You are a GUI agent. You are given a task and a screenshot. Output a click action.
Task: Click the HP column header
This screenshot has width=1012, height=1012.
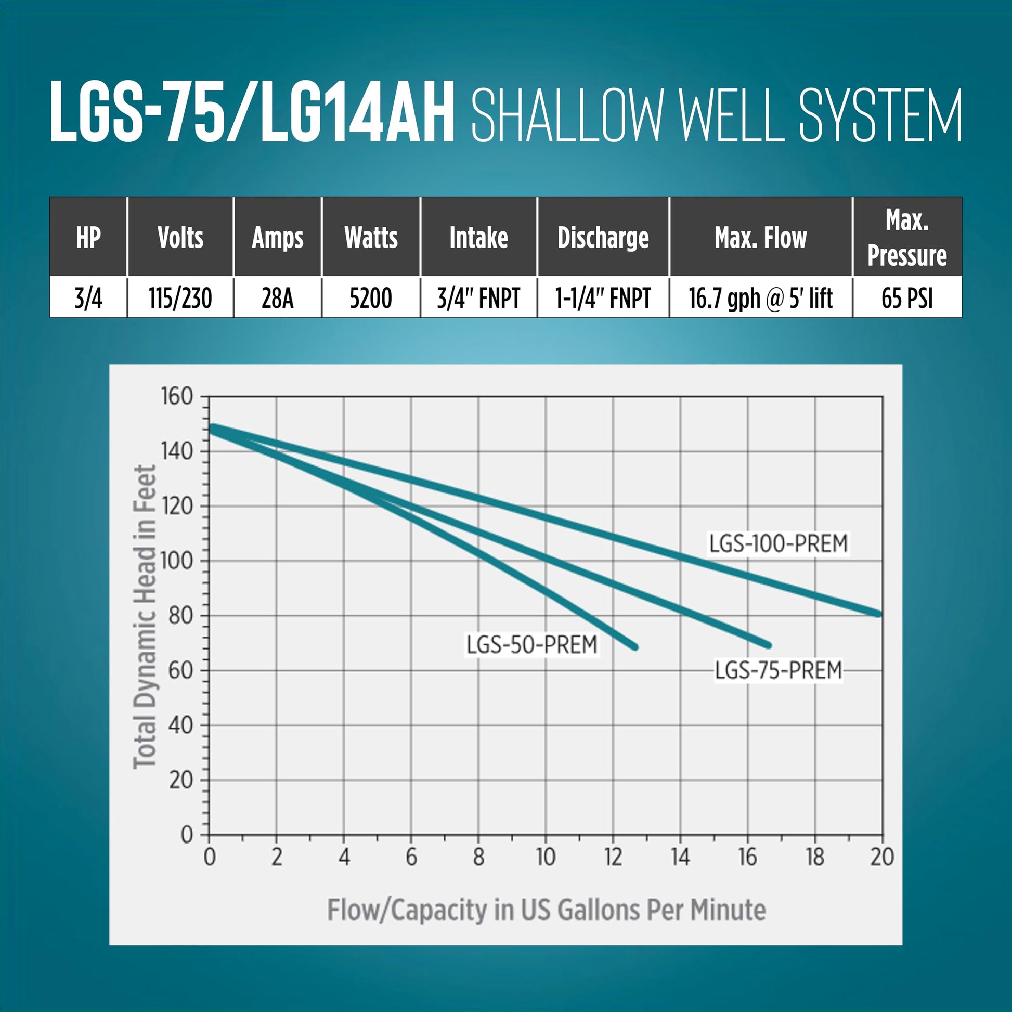88,237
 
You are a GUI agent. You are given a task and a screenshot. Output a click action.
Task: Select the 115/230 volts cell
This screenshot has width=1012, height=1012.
180,298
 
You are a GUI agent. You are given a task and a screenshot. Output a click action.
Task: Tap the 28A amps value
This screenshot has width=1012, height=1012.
277,298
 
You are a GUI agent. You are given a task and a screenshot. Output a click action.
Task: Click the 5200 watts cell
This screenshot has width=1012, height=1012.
371,298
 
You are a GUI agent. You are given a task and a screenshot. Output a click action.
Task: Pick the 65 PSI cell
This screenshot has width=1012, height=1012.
907,298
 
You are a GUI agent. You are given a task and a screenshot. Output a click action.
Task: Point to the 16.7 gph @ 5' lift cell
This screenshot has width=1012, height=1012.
760,298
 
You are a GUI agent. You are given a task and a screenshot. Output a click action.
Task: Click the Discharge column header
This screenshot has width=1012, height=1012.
603,237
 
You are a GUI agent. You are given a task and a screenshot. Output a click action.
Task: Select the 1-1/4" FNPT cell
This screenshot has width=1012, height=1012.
603,298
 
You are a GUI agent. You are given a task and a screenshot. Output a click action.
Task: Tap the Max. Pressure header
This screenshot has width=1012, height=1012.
907,237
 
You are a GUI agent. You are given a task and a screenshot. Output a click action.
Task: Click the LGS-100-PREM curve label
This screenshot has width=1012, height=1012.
778,543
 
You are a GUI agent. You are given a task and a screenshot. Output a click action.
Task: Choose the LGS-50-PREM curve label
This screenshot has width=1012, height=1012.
531,644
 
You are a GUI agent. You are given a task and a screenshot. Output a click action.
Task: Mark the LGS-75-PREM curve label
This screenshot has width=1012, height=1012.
778,670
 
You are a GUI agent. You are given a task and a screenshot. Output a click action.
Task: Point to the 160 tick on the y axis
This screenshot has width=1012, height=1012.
177,396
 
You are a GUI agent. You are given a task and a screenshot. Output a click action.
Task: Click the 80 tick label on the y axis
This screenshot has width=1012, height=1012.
181,616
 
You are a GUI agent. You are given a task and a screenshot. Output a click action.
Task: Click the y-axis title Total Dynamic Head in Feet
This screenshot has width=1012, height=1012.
145,617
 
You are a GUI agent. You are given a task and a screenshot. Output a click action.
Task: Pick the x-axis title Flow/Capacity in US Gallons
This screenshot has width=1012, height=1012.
547,910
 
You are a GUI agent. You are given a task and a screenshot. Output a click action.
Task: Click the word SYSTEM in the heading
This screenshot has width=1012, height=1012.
880,115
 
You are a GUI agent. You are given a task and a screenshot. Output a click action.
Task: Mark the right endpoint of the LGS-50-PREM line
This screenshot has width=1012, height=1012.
636,647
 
